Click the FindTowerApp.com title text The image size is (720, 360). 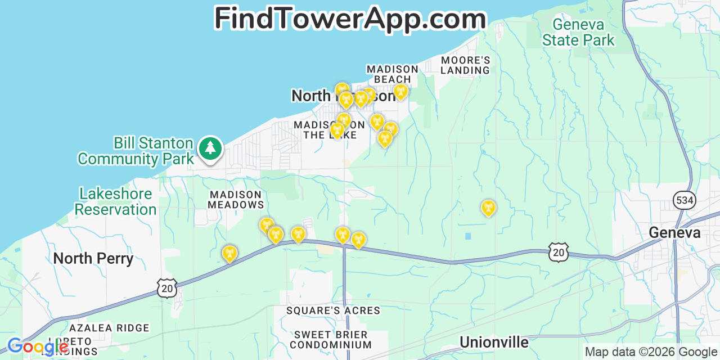(350, 19)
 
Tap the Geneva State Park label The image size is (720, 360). (578, 33)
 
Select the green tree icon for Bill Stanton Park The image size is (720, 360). (210, 148)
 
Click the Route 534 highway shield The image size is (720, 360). (684, 200)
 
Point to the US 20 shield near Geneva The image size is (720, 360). (559, 252)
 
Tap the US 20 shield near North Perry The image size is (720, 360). (168, 287)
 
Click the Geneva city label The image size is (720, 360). (674, 232)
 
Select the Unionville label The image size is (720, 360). (494, 342)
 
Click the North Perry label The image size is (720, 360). (93, 259)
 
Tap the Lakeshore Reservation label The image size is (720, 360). (116, 202)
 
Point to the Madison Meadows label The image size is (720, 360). (236, 200)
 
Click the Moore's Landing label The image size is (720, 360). (465, 65)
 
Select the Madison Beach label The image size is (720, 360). (393, 74)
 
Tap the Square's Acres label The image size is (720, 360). (333, 310)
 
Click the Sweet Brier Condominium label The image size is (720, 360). (332, 340)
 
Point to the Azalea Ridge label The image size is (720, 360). (109, 328)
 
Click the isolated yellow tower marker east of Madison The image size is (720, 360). (488, 208)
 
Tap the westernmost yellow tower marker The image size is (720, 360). (229, 254)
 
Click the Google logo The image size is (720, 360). (37, 346)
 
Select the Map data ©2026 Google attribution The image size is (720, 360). (651, 352)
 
